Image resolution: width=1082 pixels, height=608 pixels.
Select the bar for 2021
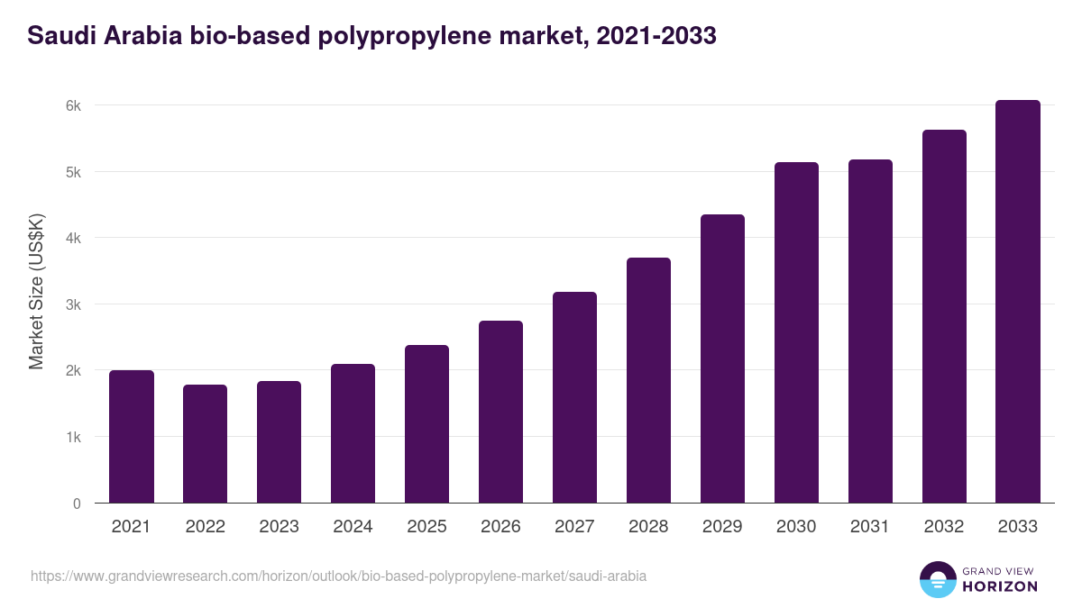coord(132,437)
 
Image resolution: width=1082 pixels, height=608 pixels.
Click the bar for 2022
coord(206,444)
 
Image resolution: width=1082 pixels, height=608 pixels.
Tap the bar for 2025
coord(426,424)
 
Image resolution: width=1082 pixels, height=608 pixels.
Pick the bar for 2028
coord(648,380)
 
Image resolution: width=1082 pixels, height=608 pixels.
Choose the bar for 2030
coord(796,332)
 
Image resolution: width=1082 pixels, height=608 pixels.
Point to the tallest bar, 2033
coord(1018,302)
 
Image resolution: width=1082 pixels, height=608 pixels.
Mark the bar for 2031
coord(870,331)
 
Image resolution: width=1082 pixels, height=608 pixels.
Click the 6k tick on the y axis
coord(73,105)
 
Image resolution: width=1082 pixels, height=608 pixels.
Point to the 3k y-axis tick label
coord(73,304)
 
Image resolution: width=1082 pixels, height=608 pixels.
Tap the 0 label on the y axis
coord(77,504)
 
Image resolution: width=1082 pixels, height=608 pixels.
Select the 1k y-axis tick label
coord(73,437)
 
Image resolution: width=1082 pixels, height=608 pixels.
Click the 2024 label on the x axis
coord(353,527)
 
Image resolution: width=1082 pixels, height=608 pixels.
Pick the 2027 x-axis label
coord(574,527)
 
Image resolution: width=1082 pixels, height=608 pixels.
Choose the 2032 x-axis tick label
coord(944,527)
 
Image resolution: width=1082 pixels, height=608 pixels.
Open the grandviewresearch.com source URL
coord(338,576)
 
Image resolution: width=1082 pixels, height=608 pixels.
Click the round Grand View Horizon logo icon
coord(938,579)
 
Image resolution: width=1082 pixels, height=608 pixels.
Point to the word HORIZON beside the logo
coord(999,586)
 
